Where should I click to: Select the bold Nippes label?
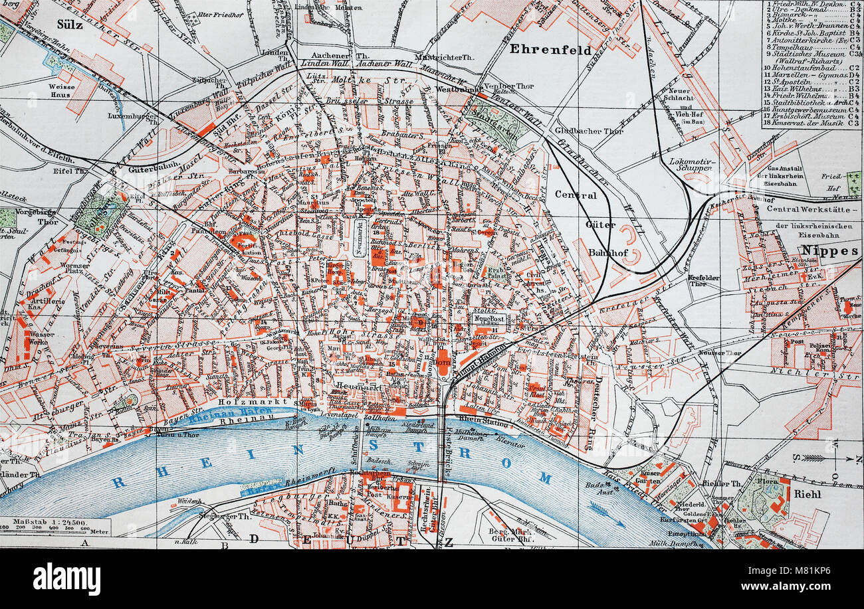coord(830,250)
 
